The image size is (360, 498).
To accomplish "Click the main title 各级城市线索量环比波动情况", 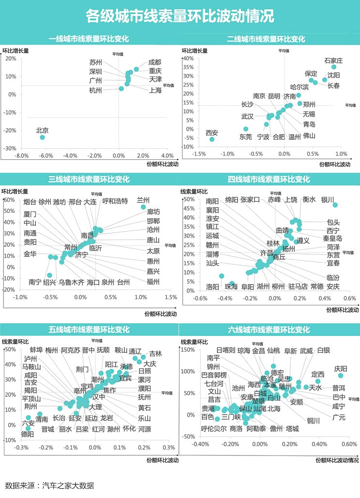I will pyautogui.click(x=180, y=16).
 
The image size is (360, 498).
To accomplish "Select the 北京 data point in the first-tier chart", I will pyautogui.click(x=42, y=137).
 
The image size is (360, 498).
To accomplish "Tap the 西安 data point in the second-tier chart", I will pyautogui.click(x=211, y=139).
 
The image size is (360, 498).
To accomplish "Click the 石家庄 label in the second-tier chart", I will pyautogui.click(x=333, y=60).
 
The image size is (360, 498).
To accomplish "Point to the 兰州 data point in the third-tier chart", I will pyautogui.click(x=143, y=207).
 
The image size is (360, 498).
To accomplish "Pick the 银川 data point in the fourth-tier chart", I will pyautogui.click(x=335, y=205).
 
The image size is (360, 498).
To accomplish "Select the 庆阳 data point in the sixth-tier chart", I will pyautogui.click(x=341, y=376).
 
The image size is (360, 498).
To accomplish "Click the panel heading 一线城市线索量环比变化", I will pyautogui.click(x=90, y=39).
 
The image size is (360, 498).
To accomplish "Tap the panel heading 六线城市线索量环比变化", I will pyautogui.click(x=269, y=330).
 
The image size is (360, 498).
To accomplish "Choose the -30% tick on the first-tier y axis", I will pyautogui.click(x=11, y=149).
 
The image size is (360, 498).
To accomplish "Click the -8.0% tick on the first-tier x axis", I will pyautogui.click(x=22, y=156).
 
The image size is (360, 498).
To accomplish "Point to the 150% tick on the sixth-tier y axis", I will pyautogui.click(x=187, y=350).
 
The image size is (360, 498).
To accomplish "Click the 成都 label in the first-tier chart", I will pyautogui.click(x=155, y=62).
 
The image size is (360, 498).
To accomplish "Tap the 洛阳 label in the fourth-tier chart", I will pyautogui.click(x=212, y=286).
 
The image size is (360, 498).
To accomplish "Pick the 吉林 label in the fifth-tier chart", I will pyautogui.click(x=155, y=354).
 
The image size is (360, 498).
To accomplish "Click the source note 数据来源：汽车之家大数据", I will pyautogui.click(x=49, y=485).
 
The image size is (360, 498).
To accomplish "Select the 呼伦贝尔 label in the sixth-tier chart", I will pyautogui.click(x=214, y=428).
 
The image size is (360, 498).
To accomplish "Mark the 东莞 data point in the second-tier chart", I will pyautogui.click(x=245, y=129).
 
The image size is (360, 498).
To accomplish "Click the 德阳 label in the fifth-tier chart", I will pyautogui.click(x=28, y=434).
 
